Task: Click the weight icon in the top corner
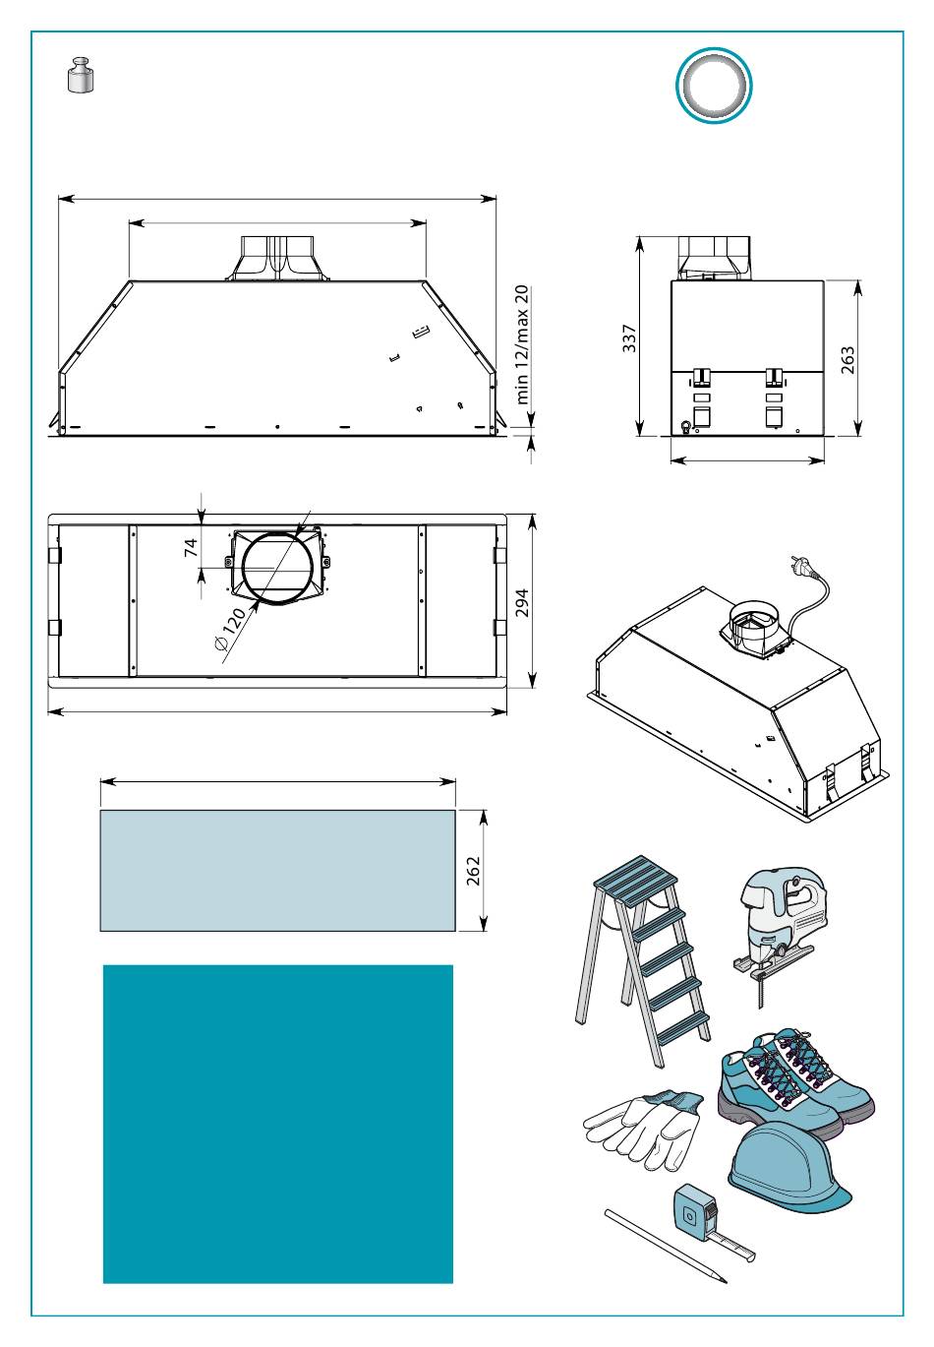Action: tap(81, 77)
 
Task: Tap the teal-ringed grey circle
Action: tap(714, 85)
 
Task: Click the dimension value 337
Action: tap(630, 338)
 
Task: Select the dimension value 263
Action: tap(847, 359)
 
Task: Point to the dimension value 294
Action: tap(521, 602)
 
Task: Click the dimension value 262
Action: tap(473, 871)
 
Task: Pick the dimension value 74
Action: tap(193, 547)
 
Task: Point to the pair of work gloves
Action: tap(645, 1126)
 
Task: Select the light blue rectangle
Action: tap(277, 870)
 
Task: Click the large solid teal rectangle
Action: tap(278, 1124)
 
